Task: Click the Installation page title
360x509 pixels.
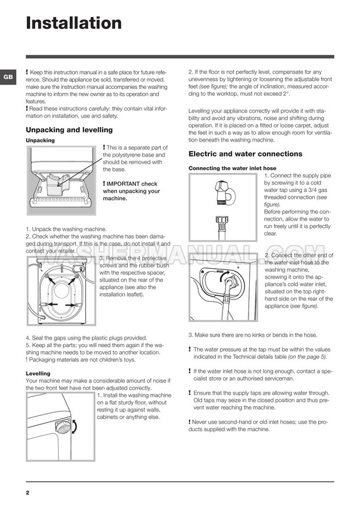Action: tap(74, 23)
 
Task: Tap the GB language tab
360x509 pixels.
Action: tap(8, 77)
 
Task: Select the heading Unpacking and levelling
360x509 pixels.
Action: tap(69, 130)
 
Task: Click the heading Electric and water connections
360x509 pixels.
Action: tap(245, 154)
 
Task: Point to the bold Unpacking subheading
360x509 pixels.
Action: tap(40, 140)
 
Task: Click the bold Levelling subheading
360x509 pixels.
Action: tap(38, 373)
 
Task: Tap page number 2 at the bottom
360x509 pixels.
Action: tap(28, 492)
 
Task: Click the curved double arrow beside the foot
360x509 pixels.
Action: tap(73, 430)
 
